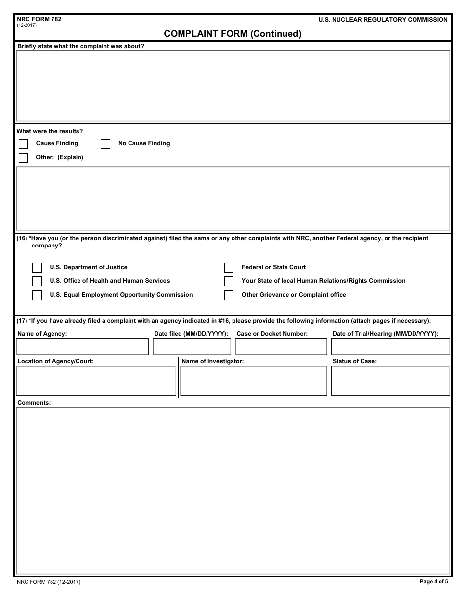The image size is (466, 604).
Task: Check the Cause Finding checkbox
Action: click(24, 144)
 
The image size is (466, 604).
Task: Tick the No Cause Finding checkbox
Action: click(105, 144)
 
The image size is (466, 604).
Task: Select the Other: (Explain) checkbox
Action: click(24, 158)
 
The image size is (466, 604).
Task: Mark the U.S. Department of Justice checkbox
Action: click(37, 268)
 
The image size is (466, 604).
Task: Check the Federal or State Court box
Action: click(229, 268)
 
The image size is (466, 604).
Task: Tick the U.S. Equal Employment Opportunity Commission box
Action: click(37, 295)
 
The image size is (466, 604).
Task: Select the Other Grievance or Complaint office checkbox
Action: click(229, 295)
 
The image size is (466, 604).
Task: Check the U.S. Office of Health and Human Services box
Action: click(37, 281)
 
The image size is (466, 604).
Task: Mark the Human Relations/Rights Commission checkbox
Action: click(229, 281)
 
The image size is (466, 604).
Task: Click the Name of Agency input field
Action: click(82, 347)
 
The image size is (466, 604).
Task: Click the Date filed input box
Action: click(192, 347)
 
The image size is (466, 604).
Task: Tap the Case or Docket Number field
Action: click(281, 347)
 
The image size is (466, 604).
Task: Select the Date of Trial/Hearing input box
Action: click(390, 347)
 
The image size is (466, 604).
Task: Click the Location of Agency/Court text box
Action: click(96, 381)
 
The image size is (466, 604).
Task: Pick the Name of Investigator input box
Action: click(253, 381)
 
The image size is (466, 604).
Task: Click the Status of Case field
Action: click(390, 381)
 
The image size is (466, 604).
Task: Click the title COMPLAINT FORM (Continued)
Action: click(233, 34)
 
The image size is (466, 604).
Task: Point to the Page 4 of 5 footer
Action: click(434, 582)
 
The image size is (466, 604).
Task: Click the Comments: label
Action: click(34, 403)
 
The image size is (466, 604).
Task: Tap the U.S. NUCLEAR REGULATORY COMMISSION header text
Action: click(383, 20)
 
